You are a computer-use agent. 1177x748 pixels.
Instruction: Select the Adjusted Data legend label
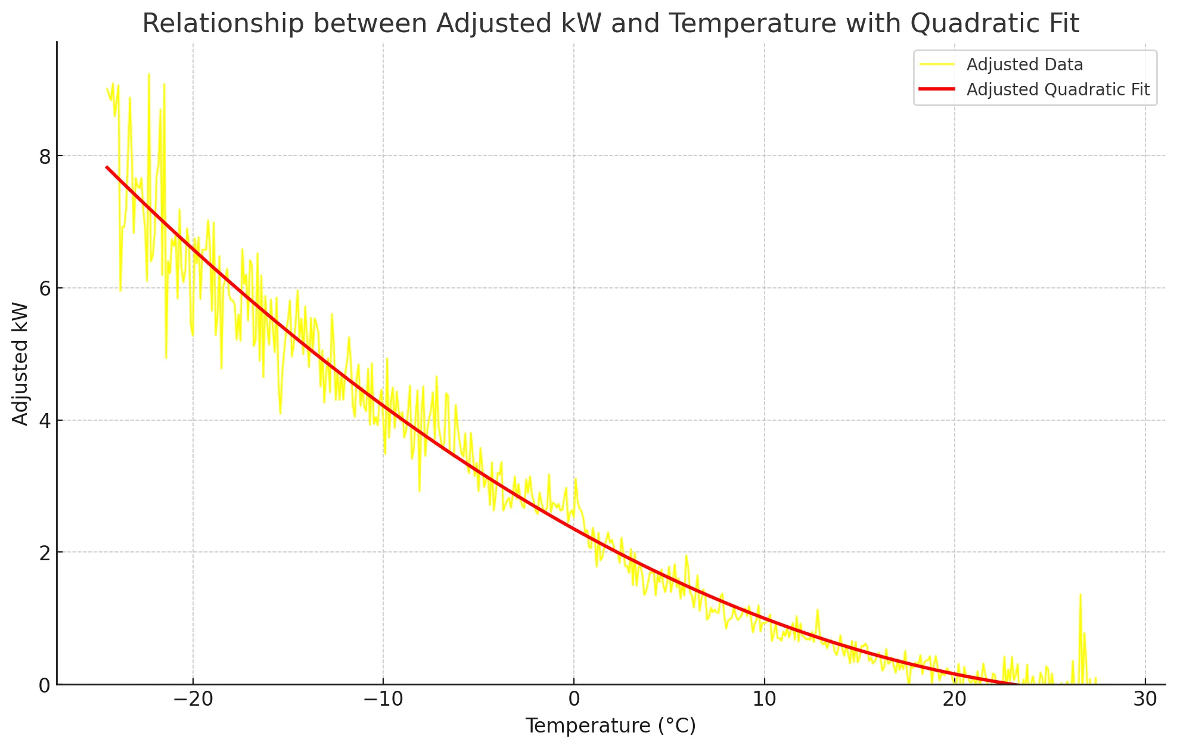click(x=1024, y=64)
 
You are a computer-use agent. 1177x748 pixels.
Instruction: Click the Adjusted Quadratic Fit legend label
click(x=1058, y=89)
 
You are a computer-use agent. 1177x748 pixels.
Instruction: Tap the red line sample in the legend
click(x=937, y=89)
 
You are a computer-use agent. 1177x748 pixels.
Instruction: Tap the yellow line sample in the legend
click(x=937, y=64)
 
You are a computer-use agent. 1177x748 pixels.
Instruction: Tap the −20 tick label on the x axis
click(x=192, y=699)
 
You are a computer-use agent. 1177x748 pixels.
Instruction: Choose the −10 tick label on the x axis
click(x=383, y=699)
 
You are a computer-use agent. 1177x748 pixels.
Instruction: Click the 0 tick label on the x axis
click(x=574, y=699)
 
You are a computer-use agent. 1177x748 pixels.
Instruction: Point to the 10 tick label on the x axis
click(x=764, y=699)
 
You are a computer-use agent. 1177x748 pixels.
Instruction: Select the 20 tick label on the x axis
click(x=955, y=699)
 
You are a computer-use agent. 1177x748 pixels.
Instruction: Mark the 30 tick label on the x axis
click(x=1145, y=699)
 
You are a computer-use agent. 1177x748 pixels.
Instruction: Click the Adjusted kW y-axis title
click(x=21, y=364)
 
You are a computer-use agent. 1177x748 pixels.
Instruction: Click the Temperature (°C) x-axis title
click(x=610, y=726)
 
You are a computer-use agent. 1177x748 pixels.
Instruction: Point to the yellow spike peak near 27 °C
click(x=1080, y=595)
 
